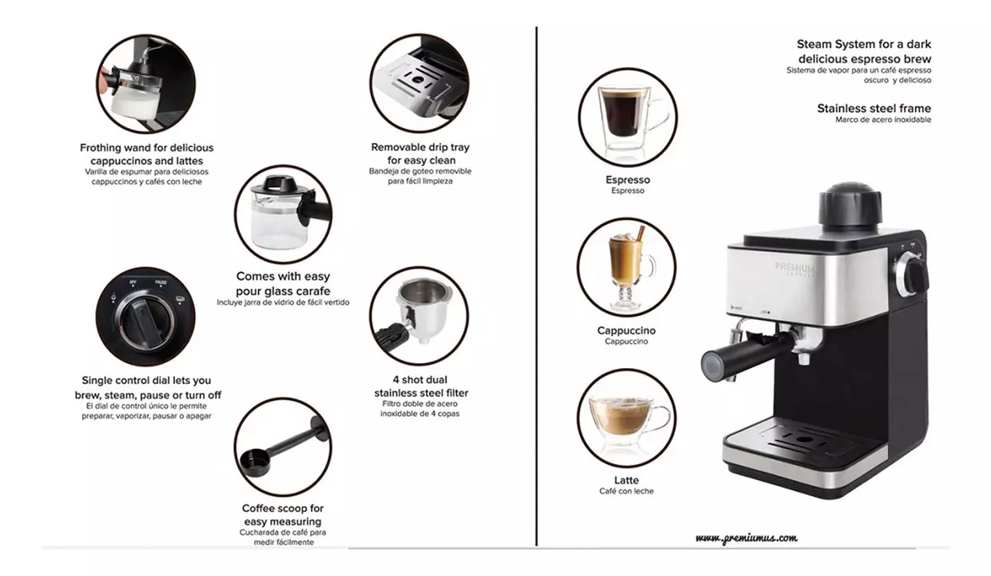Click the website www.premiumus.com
coord(746,538)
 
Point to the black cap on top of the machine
coord(850,205)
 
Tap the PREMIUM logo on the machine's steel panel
coord(794,268)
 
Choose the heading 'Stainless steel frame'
coord(874,108)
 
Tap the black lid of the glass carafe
coord(281,183)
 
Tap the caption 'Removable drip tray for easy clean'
coord(420,153)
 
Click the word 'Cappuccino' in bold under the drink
coord(627,330)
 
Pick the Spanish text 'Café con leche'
coord(627,491)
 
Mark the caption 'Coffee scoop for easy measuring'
coord(283,514)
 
